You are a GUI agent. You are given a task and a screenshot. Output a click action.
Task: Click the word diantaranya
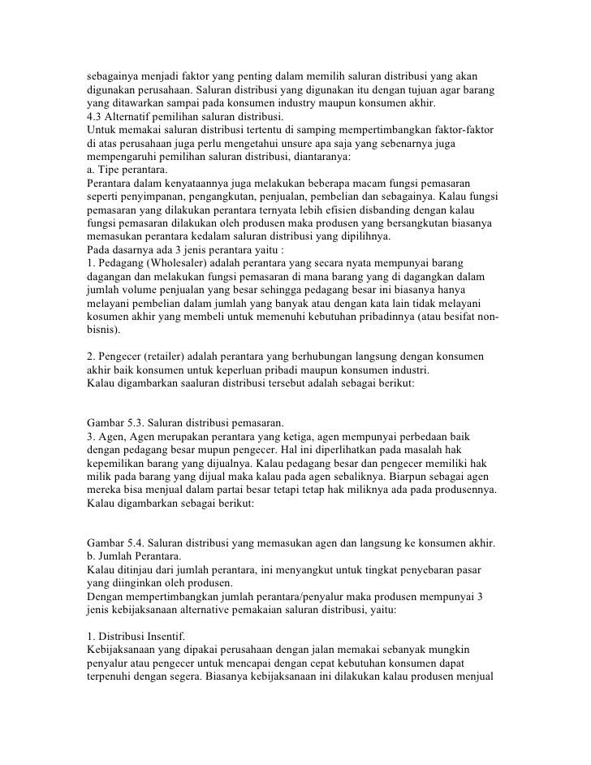(x=329, y=157)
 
